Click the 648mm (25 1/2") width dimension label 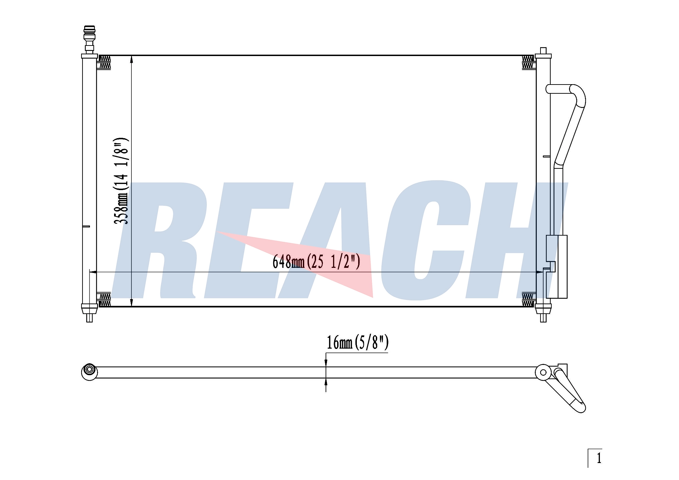[x=316, y=262]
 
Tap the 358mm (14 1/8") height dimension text [x=121, y=181]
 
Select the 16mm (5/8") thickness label [x=357, y=342]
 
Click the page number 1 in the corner [x=599, y=458]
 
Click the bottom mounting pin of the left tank [x=90, y=318]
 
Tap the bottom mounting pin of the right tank [x=543, y=318]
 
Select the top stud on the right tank [x=543, y=51]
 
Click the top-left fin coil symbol [x=105, y=62]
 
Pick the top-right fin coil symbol [x=528, y=62]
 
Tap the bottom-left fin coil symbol [x=105, y=300]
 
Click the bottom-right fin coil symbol [x=528, y=300]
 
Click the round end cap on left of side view [x=90, y=372]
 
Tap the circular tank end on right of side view [x=543, y=372]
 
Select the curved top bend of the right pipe [x=577, y=93]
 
